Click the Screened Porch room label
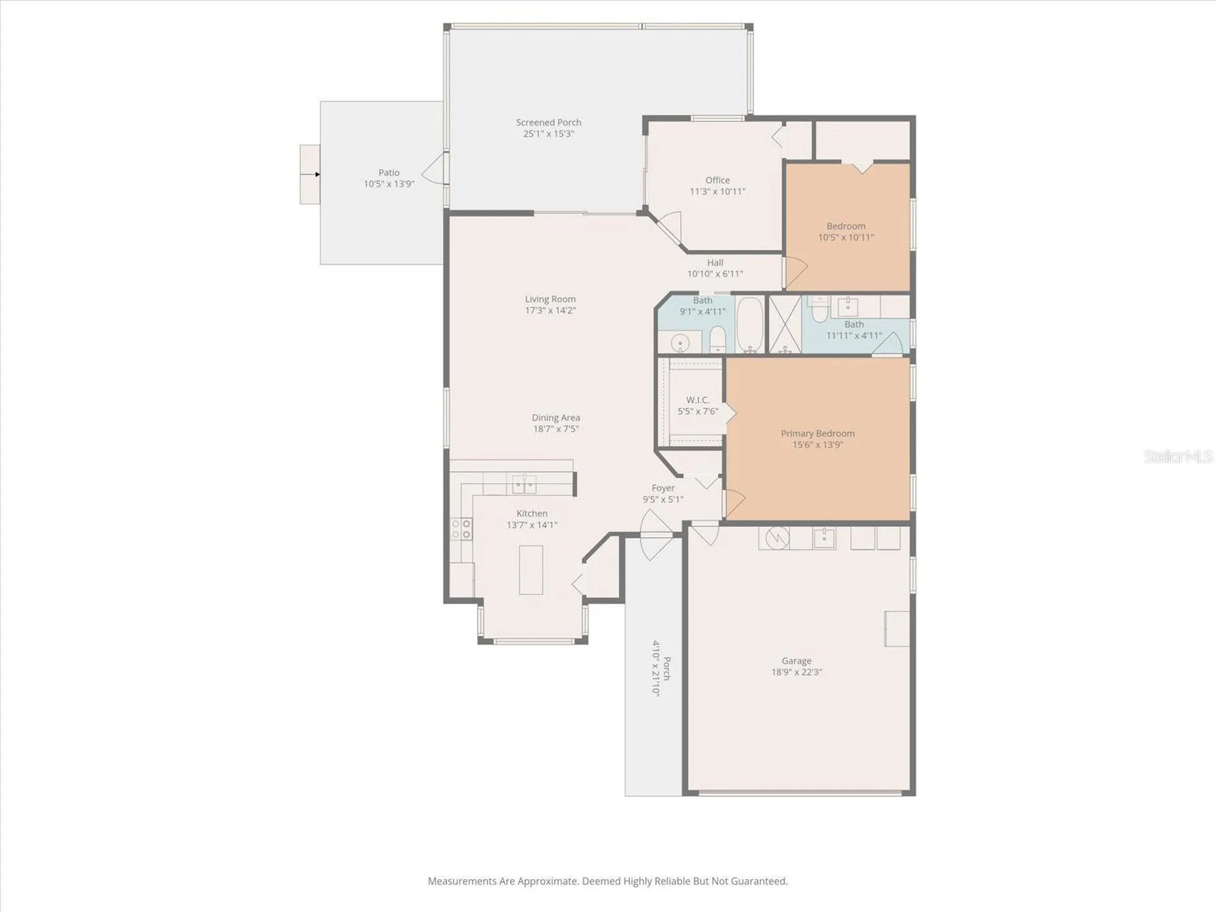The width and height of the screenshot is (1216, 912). tap(548, 122)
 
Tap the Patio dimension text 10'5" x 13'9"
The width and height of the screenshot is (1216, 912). tap(389, 184)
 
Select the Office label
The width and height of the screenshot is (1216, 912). tap(718, 180)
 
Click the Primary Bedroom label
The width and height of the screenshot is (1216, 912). tap(818, 433)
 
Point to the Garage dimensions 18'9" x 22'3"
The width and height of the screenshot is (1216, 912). tap(796, 672)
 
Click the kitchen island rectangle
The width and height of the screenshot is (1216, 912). tap(531, 569)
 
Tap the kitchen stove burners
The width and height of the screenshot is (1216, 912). tap(461, 529)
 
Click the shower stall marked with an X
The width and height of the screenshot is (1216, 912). tap(785, 324)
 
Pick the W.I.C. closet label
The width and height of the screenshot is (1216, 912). tap(698, 400)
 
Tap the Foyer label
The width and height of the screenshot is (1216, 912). tap(663, 488)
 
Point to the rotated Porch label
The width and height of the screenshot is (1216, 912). tap(667, 668)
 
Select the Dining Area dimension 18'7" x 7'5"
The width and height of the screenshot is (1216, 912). tap(556, 429)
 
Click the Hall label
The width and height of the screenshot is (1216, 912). tap(715, 262)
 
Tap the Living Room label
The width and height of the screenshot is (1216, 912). tap(550, 299)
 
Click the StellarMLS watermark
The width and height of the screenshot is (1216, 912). tap(1178, 456)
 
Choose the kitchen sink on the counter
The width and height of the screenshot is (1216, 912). tap(524, 484)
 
